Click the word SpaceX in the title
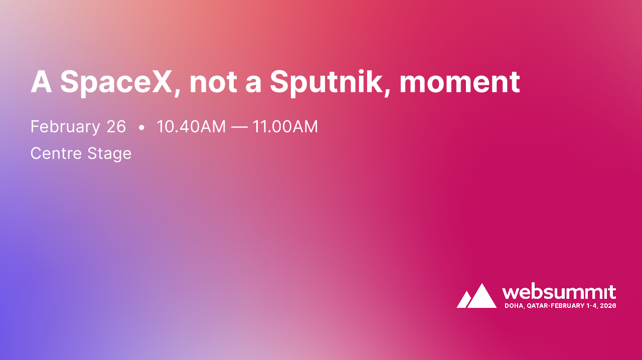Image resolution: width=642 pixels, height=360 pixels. [x=116, y=82]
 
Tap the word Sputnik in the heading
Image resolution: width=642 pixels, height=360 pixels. [x=327, y=82]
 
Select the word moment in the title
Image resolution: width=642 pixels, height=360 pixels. [x=459, y=82]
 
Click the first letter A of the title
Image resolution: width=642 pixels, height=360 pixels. [x=41, y=82]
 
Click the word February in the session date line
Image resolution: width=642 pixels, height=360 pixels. [x=65, y=127]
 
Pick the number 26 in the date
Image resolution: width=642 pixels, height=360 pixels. [x=116, y=127]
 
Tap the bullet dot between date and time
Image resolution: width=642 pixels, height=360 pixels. [x=141, y=128]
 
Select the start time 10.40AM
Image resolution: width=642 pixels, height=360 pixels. [x=191, y=127]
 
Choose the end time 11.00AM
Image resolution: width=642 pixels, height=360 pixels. [x=285, y=127]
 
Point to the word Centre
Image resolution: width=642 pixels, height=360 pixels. [x=56, y=153]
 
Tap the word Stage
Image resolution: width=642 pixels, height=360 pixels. [x=109, y=153]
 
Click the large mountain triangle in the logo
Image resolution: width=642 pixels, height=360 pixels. [x=482, y=296]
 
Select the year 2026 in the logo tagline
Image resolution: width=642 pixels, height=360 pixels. [x=608, y=305]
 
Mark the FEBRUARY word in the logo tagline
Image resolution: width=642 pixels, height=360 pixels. [x=567, y=305]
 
